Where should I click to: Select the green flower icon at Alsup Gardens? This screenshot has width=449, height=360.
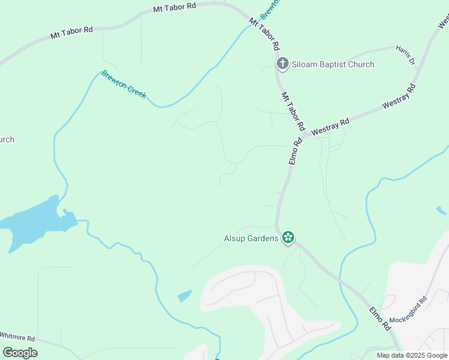click(x=288, y=238)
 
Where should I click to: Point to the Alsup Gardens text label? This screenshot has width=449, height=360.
click(x=252, y=238)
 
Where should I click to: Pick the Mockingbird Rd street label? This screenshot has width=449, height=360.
click(x=408, y=311)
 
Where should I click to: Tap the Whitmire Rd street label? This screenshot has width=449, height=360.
click(x=18, y=338)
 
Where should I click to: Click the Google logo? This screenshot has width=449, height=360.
click(x=20, y=353)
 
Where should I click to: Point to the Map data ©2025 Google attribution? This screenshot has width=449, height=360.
click(x=412, y=355)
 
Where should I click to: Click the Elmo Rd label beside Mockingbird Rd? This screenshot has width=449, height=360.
click(x=379, y=318)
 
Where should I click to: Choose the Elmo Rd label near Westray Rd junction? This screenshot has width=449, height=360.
click(x=295, y=152)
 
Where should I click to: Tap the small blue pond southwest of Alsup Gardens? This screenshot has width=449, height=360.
click(x=185, y=296)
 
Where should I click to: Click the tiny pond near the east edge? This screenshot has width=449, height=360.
click(x=441, y=211)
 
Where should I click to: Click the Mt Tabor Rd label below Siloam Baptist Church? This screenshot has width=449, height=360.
click(x=292, y=112)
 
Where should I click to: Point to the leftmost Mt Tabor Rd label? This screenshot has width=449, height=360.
click(x=71, y=32)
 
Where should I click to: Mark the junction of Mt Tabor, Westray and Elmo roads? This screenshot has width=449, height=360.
click(x=304, y=137)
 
